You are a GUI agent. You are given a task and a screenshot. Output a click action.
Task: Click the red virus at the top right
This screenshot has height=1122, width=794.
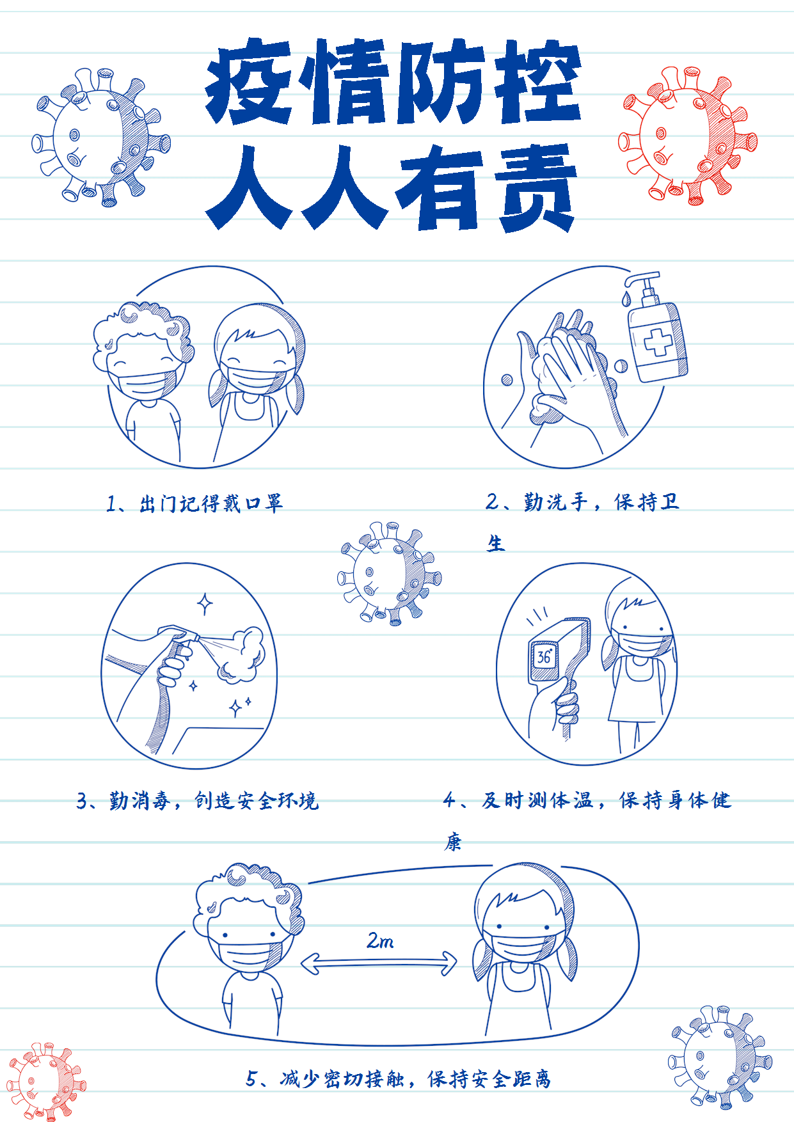(x=688, y=136)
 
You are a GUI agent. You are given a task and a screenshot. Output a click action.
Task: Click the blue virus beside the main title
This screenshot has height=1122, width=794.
(x=101, y=137)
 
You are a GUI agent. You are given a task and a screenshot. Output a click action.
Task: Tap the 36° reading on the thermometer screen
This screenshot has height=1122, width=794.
(x=544, y=656)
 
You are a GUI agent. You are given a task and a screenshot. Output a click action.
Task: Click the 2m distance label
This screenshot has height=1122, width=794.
(x=380, y=940)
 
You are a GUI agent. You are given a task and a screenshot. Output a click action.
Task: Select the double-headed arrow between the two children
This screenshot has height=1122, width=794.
(x=379, y=963)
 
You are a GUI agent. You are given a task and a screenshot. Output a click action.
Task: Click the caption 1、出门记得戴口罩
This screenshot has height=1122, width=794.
(x=195, y=503)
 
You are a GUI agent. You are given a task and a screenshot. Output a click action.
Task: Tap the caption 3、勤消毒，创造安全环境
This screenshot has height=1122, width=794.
(x=198, y=800)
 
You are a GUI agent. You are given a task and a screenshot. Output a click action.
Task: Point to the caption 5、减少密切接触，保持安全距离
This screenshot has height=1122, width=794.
(x=398, y=1079)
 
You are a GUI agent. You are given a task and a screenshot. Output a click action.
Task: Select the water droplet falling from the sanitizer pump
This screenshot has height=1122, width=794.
(x=626, y=297)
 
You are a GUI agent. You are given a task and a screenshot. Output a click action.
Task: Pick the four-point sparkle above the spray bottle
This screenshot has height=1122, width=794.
(x=205, y=603)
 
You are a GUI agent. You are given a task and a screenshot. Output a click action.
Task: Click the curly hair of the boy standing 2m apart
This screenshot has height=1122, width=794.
(x=248, y=892)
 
